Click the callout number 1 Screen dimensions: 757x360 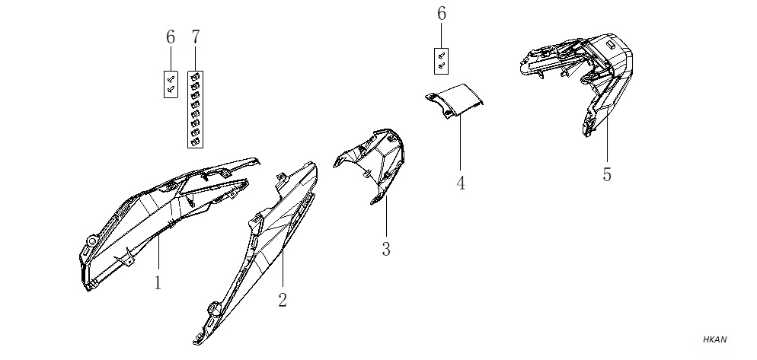(x=158, y=283)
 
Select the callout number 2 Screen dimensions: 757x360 (x=283, y=300)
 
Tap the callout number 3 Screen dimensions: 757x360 (x=386, y=249)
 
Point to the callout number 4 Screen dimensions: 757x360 (x=461, y=183)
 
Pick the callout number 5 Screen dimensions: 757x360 (x=607, y=174)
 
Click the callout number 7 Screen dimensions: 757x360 (x=195, y=37)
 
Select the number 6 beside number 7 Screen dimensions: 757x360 (x=171, y=37)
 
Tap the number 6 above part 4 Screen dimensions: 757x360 (x=442, y=14)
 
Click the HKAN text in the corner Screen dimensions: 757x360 (x=714, y=339)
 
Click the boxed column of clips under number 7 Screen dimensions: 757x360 (x=195, y=110)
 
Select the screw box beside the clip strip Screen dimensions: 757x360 (x=171, y=84)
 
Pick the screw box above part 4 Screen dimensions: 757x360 (x=441, y=61)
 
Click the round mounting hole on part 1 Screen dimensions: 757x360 (x=91, y=239)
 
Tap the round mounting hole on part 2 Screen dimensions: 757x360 (x=212, y=307)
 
